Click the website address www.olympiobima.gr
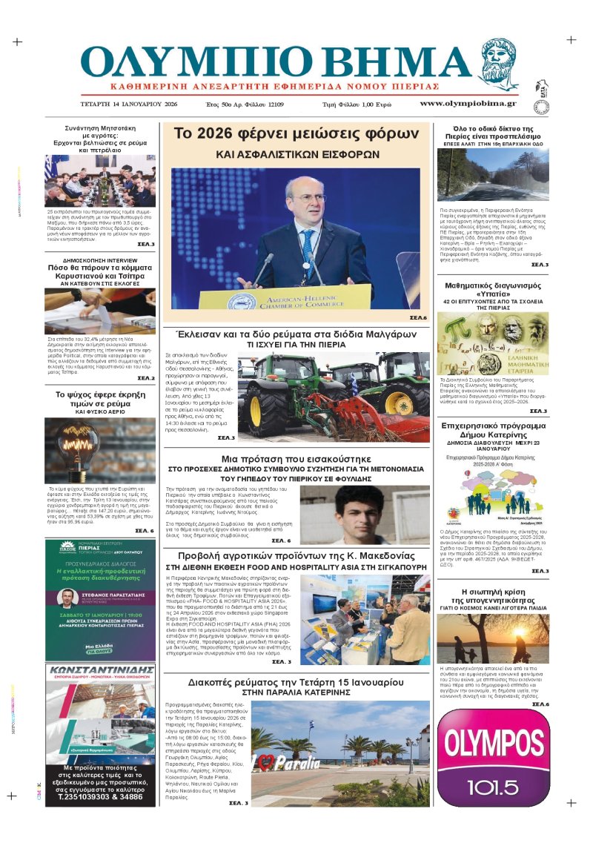468,103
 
